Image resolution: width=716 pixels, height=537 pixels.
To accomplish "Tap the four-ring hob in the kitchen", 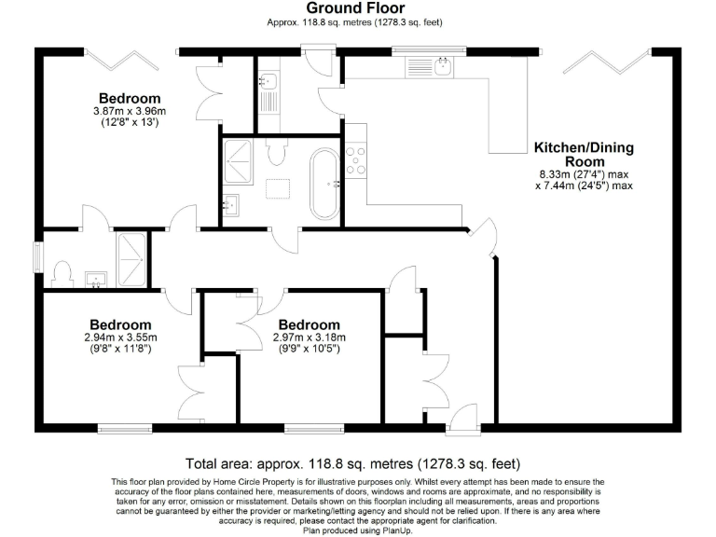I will pyautogui.click(x=356, y=161).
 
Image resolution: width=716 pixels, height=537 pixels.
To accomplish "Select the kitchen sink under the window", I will pyautogui.click(x=444, y=65).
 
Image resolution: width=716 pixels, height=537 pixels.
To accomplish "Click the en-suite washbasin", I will pyautogui.click(x=95, y=279).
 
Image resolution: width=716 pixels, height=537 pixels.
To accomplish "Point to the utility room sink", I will pyautogui.click(x=265, y=82).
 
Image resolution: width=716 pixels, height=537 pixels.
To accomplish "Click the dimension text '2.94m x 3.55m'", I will pyautogui.click(x=120, y=337).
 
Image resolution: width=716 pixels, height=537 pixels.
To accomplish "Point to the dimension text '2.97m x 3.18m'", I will pyautogui.click(x=309, y=337).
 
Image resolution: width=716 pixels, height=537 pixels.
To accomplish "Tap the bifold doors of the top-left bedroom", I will pyautogui.click(x=120, y=59).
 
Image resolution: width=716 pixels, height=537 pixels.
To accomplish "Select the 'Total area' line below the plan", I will pyautogui.click(x=352, y=462).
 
